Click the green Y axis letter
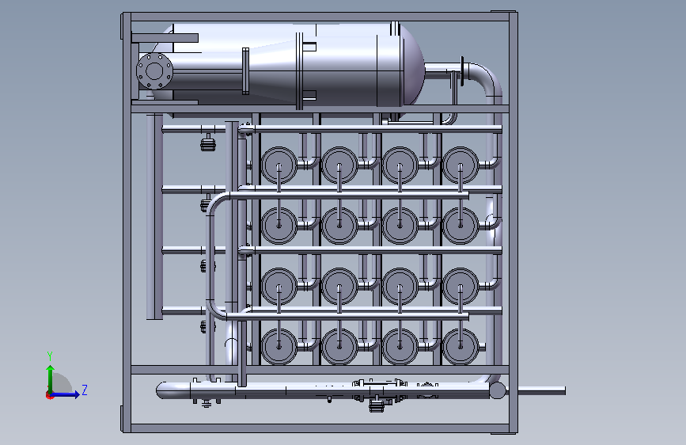click(50, 356)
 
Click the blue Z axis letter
click(85, 390)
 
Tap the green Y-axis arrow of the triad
click(51, 380)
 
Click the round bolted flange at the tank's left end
click(154, 71)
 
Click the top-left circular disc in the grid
click(279, 165)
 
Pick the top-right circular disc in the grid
click(460, 165)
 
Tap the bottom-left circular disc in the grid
click(279, 346)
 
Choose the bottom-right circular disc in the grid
click(460, 346)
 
